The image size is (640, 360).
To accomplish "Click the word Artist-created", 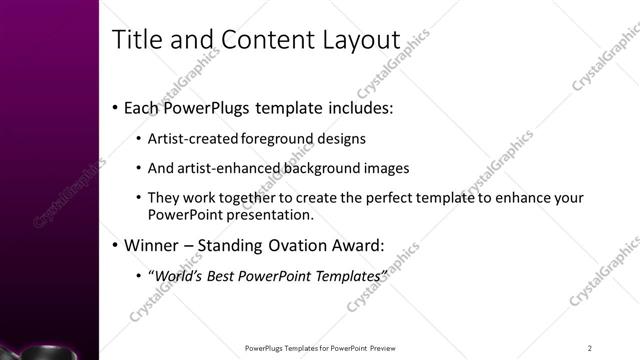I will (187, 139).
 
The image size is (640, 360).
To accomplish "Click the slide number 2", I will (590, 348).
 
